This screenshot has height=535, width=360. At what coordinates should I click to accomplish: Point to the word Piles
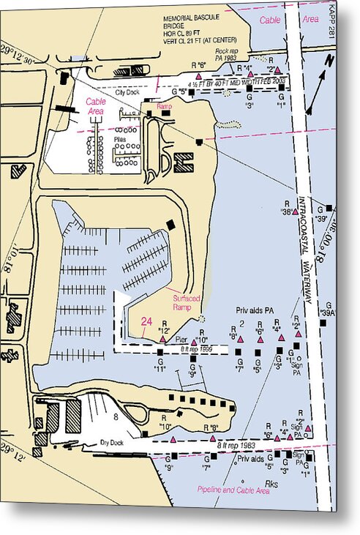click(119, 138)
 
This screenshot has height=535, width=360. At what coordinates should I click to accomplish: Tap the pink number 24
click(146, 321)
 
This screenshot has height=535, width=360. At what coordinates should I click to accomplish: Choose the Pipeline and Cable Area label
click(233, 490)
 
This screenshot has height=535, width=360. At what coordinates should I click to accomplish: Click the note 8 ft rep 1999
click(196, 351)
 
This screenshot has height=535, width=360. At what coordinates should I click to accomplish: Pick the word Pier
click(182, 340)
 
